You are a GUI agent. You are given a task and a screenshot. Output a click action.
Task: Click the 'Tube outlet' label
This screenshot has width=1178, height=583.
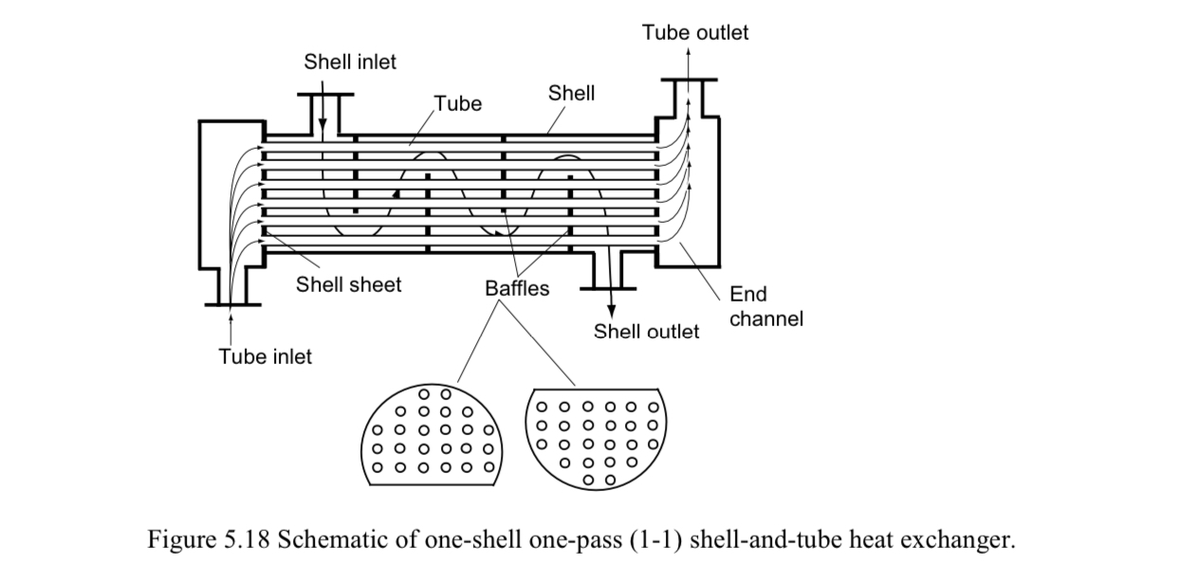[694, 33]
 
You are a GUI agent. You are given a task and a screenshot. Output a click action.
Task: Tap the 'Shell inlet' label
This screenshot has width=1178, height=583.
[350, 63]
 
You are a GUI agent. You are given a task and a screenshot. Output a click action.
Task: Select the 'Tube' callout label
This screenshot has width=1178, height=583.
[458, 104]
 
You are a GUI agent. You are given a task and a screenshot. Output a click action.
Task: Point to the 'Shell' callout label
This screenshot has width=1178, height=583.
[571, 93]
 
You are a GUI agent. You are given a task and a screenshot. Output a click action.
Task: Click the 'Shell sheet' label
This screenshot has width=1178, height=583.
[348, 284]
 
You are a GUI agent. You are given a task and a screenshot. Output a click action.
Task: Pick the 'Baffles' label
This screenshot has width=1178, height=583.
[517, 289]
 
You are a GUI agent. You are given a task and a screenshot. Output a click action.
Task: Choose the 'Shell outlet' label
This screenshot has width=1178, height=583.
[646, 332]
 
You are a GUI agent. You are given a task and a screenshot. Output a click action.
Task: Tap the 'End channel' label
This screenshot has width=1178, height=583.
[765, 306]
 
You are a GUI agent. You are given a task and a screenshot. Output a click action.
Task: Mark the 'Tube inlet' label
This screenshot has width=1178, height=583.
[265, 357]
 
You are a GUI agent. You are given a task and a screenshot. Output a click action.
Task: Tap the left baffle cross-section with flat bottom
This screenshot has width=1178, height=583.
[433, 437]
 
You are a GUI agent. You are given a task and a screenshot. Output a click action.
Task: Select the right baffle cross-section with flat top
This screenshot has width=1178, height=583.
[597, 437]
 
